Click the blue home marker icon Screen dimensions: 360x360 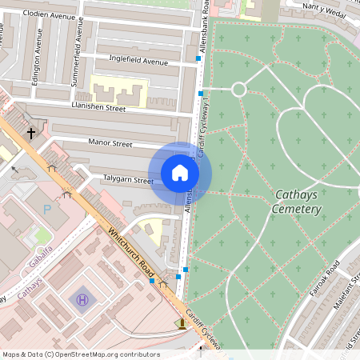click(180, 172)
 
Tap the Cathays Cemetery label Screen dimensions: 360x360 click(298, 202)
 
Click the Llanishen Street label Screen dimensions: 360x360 click(98, 107)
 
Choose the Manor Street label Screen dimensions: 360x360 click(110, 144)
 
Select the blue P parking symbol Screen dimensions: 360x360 click(46, 209)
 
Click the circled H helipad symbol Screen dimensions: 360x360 click(82, 300)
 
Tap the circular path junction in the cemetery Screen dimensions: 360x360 click(238, 89)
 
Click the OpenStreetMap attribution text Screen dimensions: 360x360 click(80, 354)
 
